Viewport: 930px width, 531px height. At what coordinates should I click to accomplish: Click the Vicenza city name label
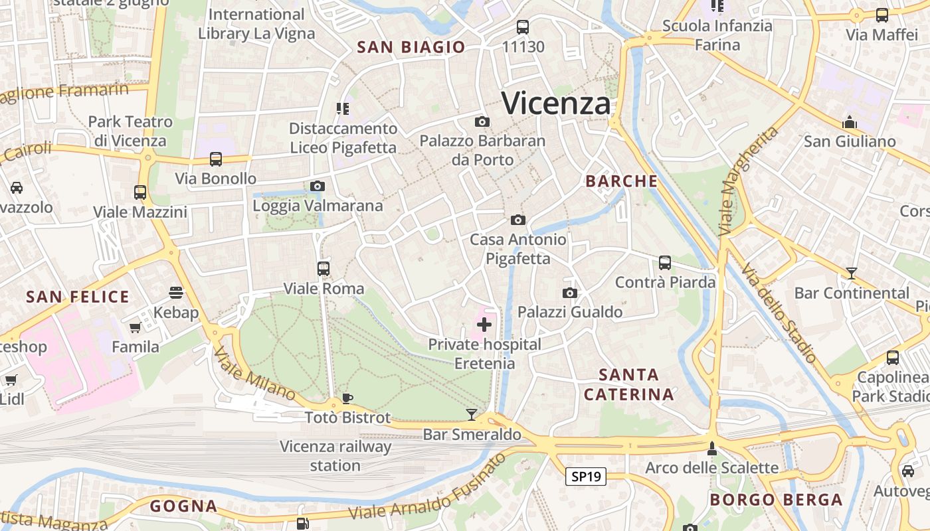(x=555, y=104)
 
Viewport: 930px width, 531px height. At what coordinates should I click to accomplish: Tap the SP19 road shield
(x=586, y=476)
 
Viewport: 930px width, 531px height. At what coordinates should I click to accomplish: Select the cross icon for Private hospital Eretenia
(x=484, y=325)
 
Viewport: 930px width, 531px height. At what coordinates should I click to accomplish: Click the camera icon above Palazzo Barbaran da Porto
(x=482, y=121)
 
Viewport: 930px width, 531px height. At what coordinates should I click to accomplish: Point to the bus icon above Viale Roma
(x=324, y=269)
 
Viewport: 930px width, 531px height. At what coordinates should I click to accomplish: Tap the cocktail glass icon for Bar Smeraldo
(x=472, y=415)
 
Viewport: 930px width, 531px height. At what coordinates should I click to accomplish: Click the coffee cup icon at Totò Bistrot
(x=347, y=398)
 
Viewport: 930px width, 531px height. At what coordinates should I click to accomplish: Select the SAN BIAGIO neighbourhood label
(x=411, y=47)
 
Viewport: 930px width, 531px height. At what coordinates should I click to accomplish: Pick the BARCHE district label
(x=621, y=181)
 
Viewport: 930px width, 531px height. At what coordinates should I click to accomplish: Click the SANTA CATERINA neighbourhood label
(x=628, y=384)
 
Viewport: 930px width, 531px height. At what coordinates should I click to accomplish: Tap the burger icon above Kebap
(x=176, y=293)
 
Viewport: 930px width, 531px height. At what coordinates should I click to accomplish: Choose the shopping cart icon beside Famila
(x=136, y=327)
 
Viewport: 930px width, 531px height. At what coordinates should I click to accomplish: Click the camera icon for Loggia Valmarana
(x=318, y=186)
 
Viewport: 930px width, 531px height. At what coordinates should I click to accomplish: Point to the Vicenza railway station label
(x=335, y=455)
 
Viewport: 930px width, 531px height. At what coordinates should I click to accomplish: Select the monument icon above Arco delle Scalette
(x=712, y=449)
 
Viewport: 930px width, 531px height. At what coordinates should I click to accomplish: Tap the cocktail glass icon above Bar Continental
(x=852, y=273)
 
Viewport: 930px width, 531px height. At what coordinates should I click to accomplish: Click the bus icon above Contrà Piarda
(x=665, y=262)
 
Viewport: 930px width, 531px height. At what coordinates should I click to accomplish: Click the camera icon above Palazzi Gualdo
(x=569, y=293)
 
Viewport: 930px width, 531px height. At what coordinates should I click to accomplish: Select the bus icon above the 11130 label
(x=523, y=27)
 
